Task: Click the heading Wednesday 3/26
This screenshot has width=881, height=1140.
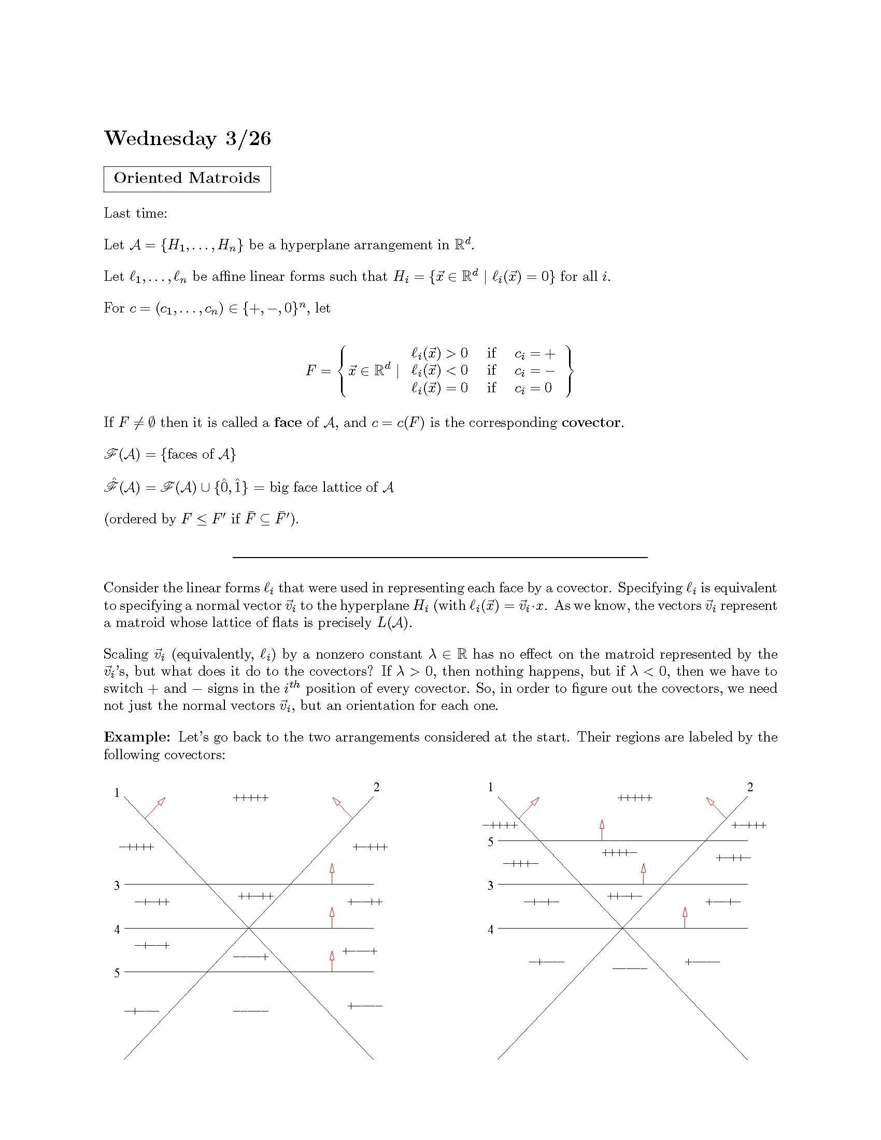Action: coord(188,138)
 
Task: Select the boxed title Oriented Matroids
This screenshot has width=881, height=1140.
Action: coord(187,179)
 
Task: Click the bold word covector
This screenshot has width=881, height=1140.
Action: coord(591,422)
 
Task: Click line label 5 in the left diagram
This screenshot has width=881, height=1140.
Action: coord(117,973)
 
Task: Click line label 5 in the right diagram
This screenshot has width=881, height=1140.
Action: coord(490,842)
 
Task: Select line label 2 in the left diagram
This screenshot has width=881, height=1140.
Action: coord(376,787)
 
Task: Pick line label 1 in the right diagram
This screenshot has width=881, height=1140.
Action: coord(490,787)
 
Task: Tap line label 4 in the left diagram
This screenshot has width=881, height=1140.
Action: coord(117,929)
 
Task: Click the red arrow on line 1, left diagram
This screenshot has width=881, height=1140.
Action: coord(154,807)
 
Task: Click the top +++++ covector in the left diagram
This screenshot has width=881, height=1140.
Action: coord(250,798)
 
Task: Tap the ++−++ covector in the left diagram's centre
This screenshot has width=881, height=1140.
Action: coord(255,896)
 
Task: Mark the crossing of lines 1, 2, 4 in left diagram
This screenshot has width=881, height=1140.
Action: coord(249,928)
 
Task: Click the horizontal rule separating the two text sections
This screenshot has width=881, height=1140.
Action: coord(440,558)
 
